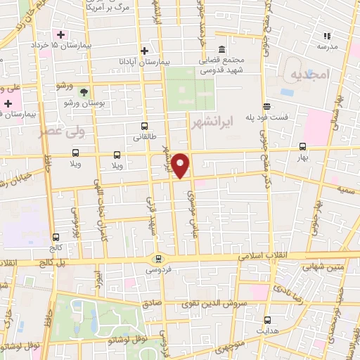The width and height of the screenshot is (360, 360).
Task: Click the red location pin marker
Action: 181,165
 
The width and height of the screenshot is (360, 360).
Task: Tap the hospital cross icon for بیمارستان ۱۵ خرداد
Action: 62,34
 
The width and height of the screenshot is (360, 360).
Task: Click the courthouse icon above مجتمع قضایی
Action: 221,49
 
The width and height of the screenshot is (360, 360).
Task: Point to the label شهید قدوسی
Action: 222,70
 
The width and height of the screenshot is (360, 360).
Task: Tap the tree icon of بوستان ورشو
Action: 84,92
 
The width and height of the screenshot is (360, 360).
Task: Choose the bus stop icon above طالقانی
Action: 145,127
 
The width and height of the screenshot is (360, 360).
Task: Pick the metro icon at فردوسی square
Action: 157,258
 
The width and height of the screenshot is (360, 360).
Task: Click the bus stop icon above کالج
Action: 55,237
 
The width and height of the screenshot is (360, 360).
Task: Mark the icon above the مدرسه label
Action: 326,35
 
